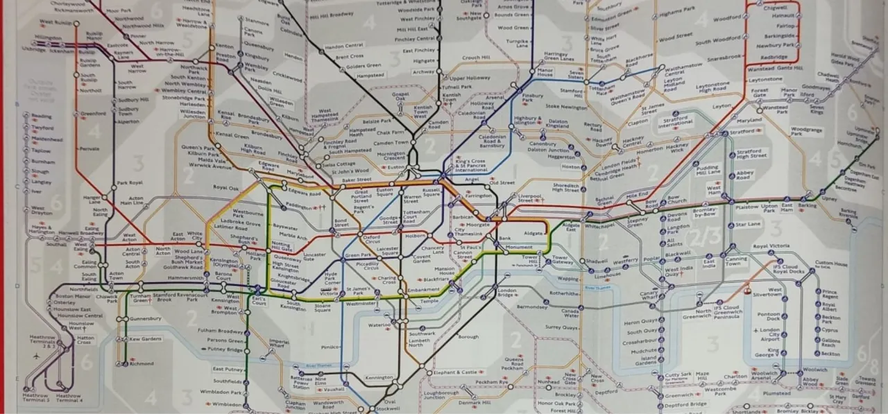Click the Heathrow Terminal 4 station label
(69, 398)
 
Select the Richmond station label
(142, 363)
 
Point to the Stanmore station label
(257, 22)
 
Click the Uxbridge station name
(33, 49)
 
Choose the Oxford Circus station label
(372, 240)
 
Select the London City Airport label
(769, 334)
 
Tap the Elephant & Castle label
(455, 372)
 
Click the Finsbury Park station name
(533, 98)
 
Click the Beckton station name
(830, 354)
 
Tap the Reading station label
(42, 117)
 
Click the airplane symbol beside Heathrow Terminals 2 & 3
(35, 355)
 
